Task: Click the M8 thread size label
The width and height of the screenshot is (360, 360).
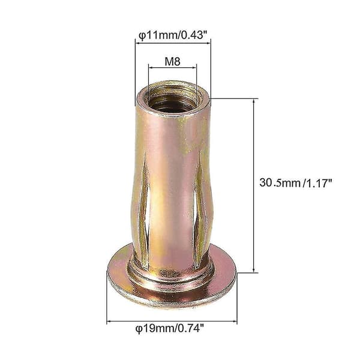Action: click(173, 62)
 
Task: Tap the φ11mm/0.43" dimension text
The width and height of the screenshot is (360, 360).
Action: click(173, 35)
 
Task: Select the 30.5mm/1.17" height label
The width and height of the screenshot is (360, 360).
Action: click(296, 183)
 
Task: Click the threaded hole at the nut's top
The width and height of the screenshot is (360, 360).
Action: click(172, 98)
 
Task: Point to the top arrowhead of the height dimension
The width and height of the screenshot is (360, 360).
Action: click(254, 101)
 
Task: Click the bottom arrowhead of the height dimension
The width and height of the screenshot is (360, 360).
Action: click(254, 270)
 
